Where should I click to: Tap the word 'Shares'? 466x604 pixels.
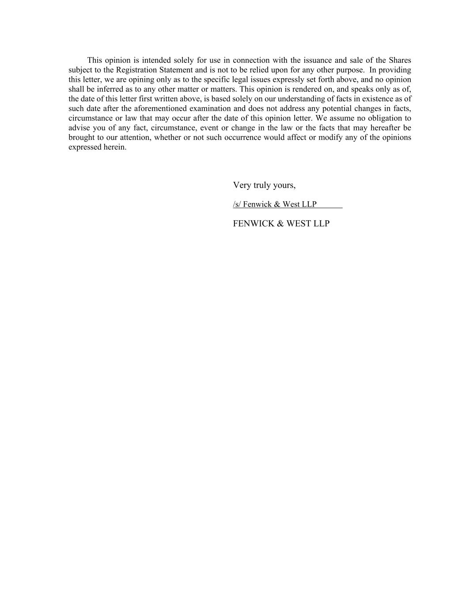400,60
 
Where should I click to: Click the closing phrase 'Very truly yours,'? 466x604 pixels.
264,185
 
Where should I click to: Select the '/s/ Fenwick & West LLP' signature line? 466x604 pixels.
275,204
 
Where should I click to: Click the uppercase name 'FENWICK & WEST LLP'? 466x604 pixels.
281,223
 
